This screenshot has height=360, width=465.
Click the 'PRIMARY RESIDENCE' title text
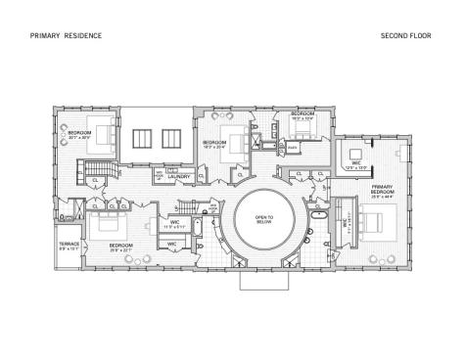(66, 36)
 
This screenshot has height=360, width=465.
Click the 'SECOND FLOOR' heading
(401, 36)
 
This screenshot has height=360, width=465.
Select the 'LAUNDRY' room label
(178, 176)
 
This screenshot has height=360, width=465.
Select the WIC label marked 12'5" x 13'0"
(357, 164)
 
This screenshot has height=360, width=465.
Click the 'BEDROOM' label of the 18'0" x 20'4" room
(213, 143)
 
